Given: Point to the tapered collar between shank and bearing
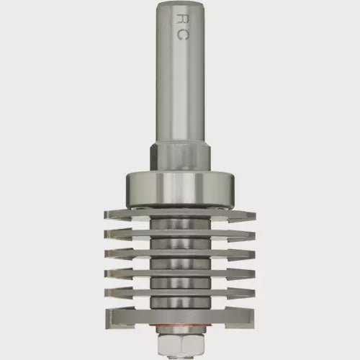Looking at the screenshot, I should click(x=181, y=157).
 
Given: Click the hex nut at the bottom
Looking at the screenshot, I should click(x=181, y=348).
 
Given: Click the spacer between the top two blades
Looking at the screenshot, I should click(x=181, y=223).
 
